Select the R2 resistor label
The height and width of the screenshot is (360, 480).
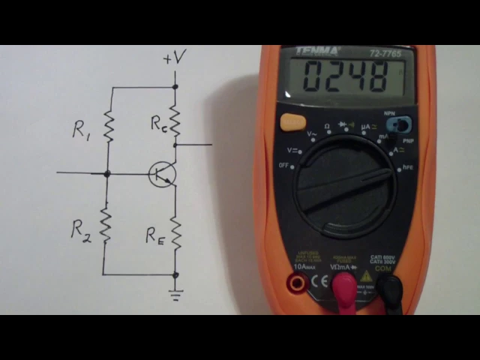click(81, 229)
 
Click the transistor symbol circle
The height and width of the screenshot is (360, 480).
click(161, 174)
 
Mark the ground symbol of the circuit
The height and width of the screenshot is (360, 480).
click(175, 295)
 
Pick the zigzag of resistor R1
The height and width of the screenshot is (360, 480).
click(108, 127)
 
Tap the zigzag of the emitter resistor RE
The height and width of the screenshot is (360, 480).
click(175, 232)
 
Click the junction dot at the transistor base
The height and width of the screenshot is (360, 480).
click(106, 173)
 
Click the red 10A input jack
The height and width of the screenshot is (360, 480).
click(297, 283)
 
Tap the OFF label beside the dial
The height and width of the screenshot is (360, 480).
click(284, 165)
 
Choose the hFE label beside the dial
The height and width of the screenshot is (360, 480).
click(409, 168)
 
